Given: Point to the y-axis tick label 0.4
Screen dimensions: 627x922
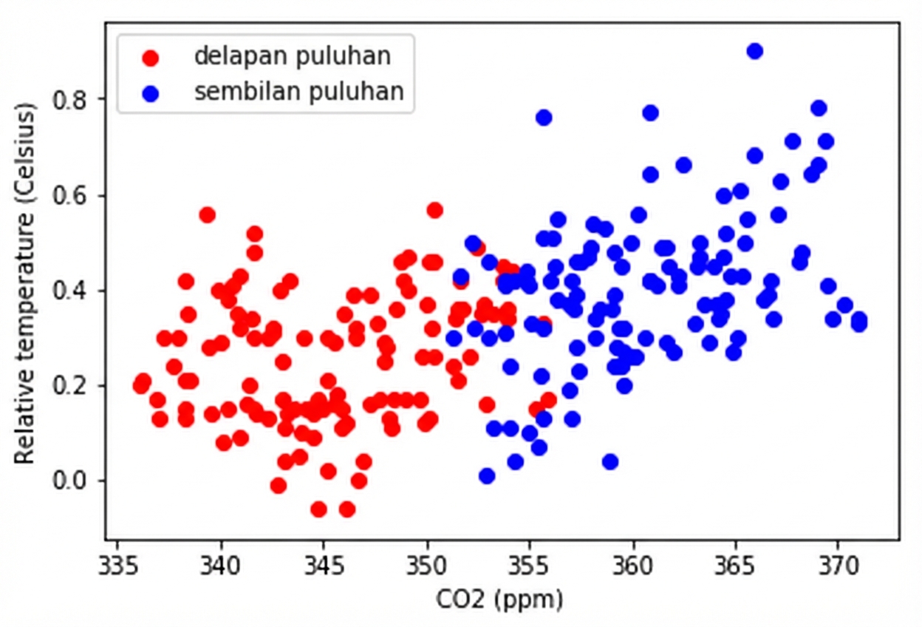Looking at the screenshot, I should point(72,291).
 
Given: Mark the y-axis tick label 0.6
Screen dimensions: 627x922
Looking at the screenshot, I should point(72,195).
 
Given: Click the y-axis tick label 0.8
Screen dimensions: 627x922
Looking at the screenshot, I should point(72,100).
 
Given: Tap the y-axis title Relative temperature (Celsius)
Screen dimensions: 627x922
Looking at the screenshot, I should point(26,285).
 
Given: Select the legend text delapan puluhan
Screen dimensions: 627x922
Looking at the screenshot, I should point(292,55).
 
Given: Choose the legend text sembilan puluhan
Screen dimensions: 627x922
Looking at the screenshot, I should point(299,92).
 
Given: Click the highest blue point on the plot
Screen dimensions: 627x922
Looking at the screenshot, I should point(754,51).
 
